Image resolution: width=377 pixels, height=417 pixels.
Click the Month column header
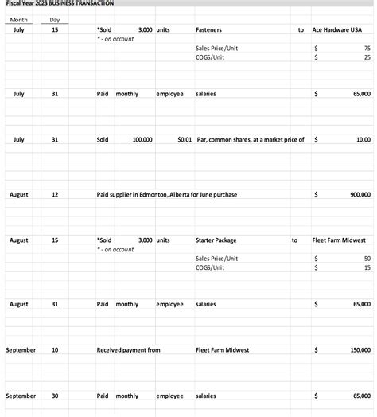[18, 20]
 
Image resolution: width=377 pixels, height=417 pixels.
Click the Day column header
[54, 20]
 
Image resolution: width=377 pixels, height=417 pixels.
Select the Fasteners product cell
[208, 29]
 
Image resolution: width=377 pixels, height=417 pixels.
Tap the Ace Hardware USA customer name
[341, 29]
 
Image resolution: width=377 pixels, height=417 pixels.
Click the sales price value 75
[367, 49]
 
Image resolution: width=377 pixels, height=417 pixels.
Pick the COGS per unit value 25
[367, 58]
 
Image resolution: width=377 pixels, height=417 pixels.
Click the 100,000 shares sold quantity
[143, 139]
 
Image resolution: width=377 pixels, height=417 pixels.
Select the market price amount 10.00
[363, 139]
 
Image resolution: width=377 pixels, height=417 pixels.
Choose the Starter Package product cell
[216, 240]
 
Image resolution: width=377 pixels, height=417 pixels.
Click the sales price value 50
[367, 259]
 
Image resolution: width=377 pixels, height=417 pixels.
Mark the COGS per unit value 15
[367, 268]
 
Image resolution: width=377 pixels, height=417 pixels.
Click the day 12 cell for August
[54, 194]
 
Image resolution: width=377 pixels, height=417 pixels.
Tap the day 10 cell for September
[54, 349]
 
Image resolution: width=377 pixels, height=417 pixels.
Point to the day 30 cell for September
[54, 396]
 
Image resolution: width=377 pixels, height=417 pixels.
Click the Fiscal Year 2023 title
[60, 4]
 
